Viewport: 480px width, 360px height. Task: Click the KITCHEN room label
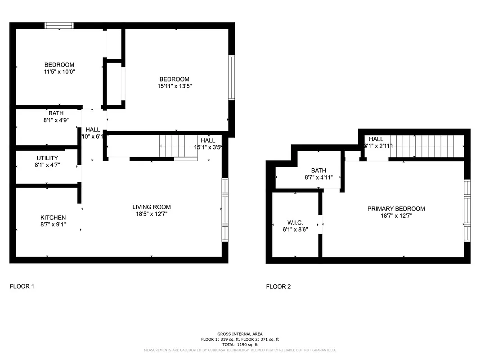[x=53, y=217]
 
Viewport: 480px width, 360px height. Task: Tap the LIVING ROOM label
[x=151, y=207]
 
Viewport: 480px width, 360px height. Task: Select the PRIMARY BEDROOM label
[x=396, y=208]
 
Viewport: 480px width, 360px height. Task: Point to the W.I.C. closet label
[x=295, y=223]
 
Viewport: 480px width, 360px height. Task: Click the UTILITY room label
[x=47, y=158]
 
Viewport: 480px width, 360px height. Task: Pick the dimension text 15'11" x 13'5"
[x=174, y=86]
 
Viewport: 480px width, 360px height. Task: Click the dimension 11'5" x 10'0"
[x=59, y=72]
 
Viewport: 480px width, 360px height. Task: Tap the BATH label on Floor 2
[x=319, y=171]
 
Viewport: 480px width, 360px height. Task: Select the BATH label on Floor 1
[x=56, y=113]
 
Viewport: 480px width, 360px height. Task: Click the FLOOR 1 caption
[x=22, y=286]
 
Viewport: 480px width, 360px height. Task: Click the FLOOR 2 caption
[x=278, y=287]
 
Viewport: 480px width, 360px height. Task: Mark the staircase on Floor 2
[x=426, y=146]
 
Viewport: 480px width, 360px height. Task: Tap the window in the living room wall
[x=225, y=210]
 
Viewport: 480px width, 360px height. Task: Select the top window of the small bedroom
[x=59, y=26]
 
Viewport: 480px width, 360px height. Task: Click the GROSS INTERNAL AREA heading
[x=240, y=334]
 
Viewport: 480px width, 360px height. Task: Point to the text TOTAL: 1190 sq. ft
[x=240, y=344]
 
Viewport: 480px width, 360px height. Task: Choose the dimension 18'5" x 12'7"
[x=151, y=214]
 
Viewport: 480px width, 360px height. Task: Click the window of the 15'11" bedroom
[x=232, y=77]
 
